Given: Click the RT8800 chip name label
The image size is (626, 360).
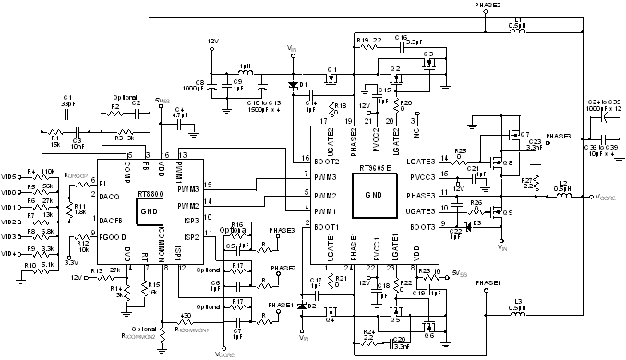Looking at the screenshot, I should (x=150, y=195).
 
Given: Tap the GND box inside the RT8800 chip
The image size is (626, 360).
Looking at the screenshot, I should (x=149, y=210).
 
